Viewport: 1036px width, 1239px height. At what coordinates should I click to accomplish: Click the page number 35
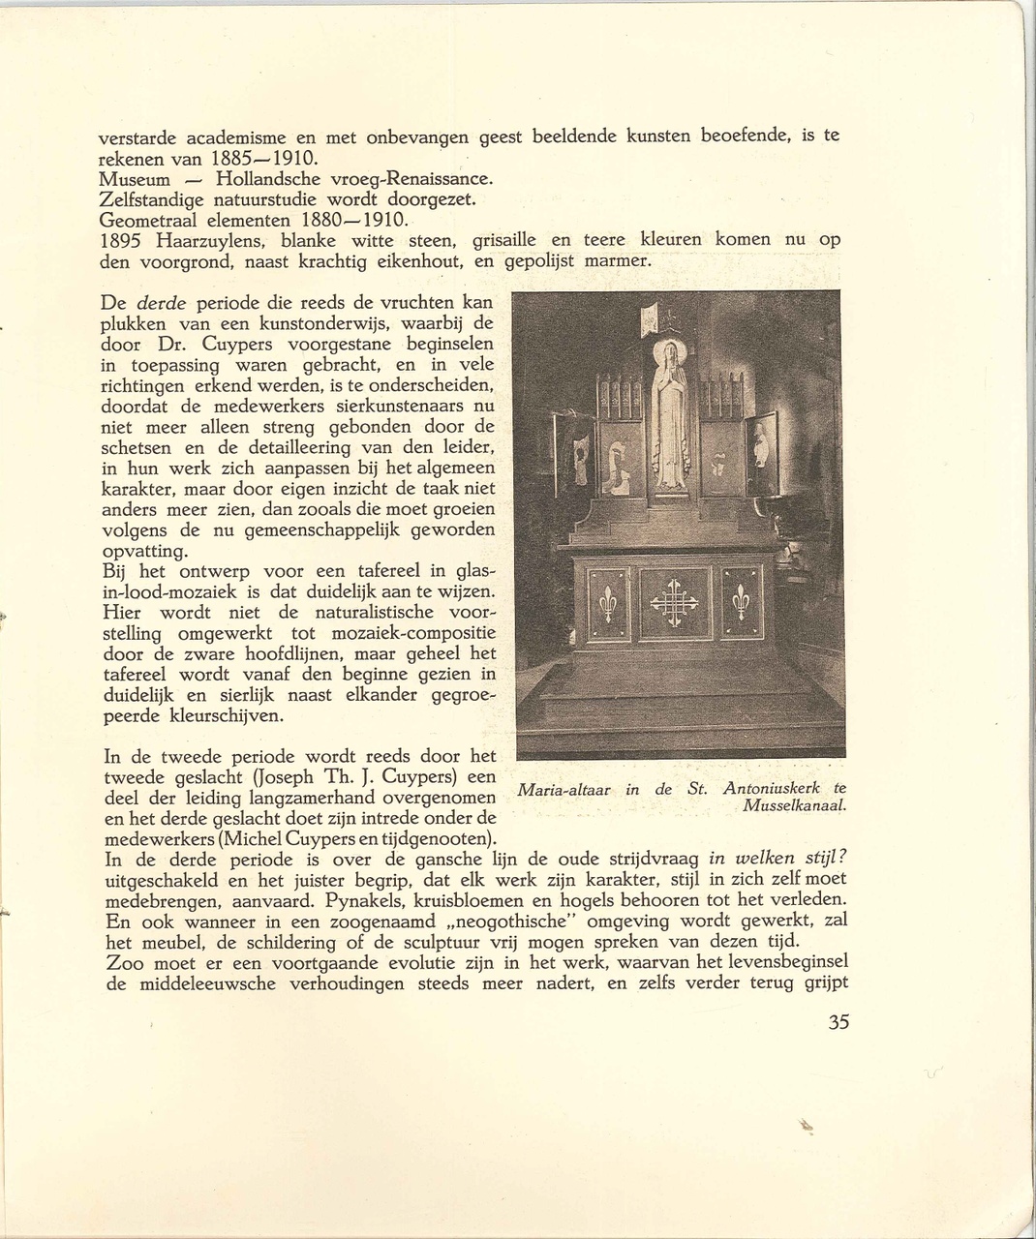838,1023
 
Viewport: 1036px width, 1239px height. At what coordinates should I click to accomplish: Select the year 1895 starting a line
121,240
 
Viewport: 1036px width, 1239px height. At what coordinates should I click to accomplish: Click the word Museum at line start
135,179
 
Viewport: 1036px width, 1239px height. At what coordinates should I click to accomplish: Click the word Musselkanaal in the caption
795,805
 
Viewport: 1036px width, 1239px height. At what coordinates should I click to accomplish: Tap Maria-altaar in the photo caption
564,790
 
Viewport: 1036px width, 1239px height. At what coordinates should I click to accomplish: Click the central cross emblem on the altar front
673,603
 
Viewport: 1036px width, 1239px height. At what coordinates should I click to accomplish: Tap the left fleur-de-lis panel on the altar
607,603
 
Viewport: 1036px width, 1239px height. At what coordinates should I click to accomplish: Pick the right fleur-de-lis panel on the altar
742,603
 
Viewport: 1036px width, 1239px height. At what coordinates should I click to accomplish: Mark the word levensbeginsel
785,963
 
